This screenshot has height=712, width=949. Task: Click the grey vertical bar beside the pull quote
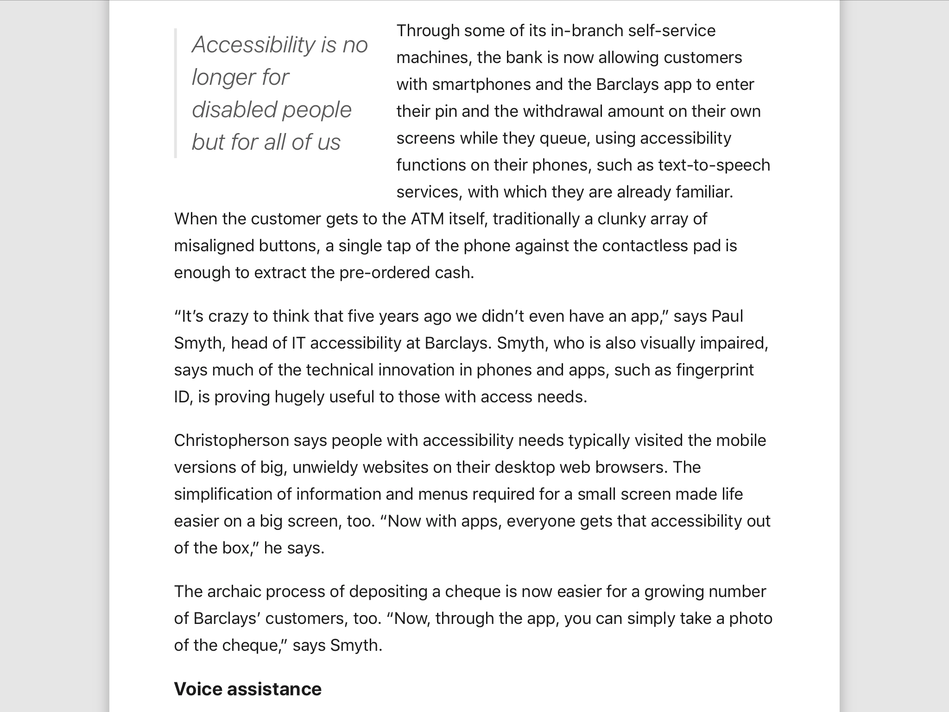coord(176,93)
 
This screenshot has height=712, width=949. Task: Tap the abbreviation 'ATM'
coord(427,219)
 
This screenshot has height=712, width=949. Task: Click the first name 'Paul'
coord(727,316)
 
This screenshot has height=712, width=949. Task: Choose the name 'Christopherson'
coord(231,440)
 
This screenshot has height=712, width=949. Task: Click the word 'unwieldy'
coord(325,467)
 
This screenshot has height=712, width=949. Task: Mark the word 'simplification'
coord(223,494)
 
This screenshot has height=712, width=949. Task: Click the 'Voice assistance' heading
coord(247,689)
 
